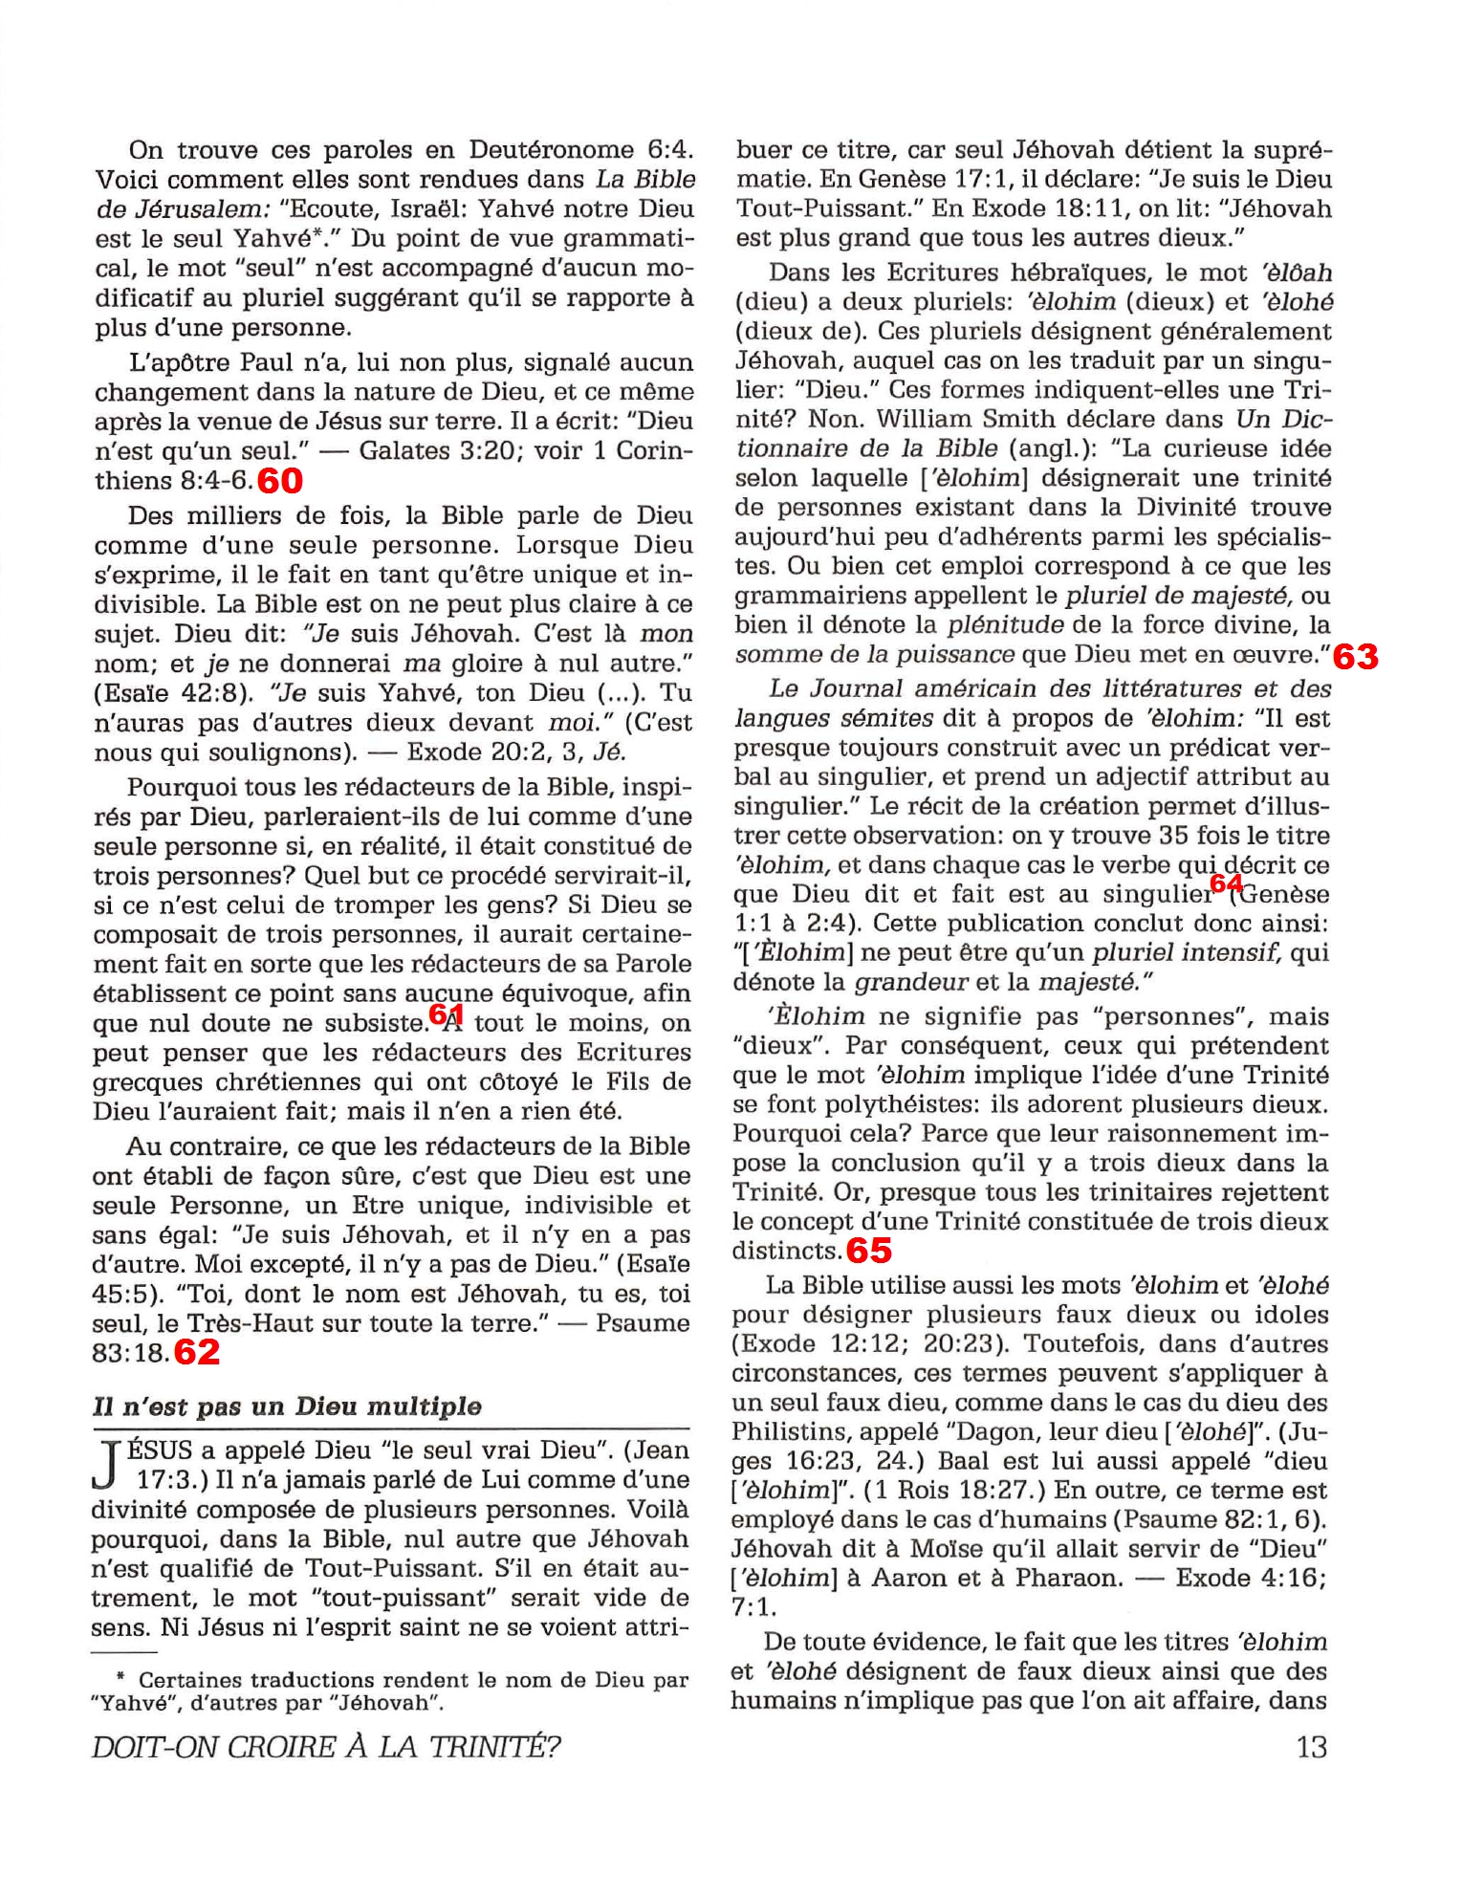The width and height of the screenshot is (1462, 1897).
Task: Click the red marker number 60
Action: coord(280,481)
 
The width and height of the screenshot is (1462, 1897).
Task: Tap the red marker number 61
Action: coord(446,1014)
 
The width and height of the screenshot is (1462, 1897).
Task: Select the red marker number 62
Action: coord(197,1352)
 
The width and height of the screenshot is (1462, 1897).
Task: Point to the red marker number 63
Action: coord(1355,657)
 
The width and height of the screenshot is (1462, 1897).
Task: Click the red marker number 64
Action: coord(1226,883)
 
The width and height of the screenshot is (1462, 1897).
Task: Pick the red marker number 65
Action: coord(868,1251)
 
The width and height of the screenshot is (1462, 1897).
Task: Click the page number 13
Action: coord(1311,1747)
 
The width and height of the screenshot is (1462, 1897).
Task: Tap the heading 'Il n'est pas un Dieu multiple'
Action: coord(287,1406)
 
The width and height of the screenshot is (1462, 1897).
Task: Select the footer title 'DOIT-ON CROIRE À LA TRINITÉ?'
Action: coord(326,1747)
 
